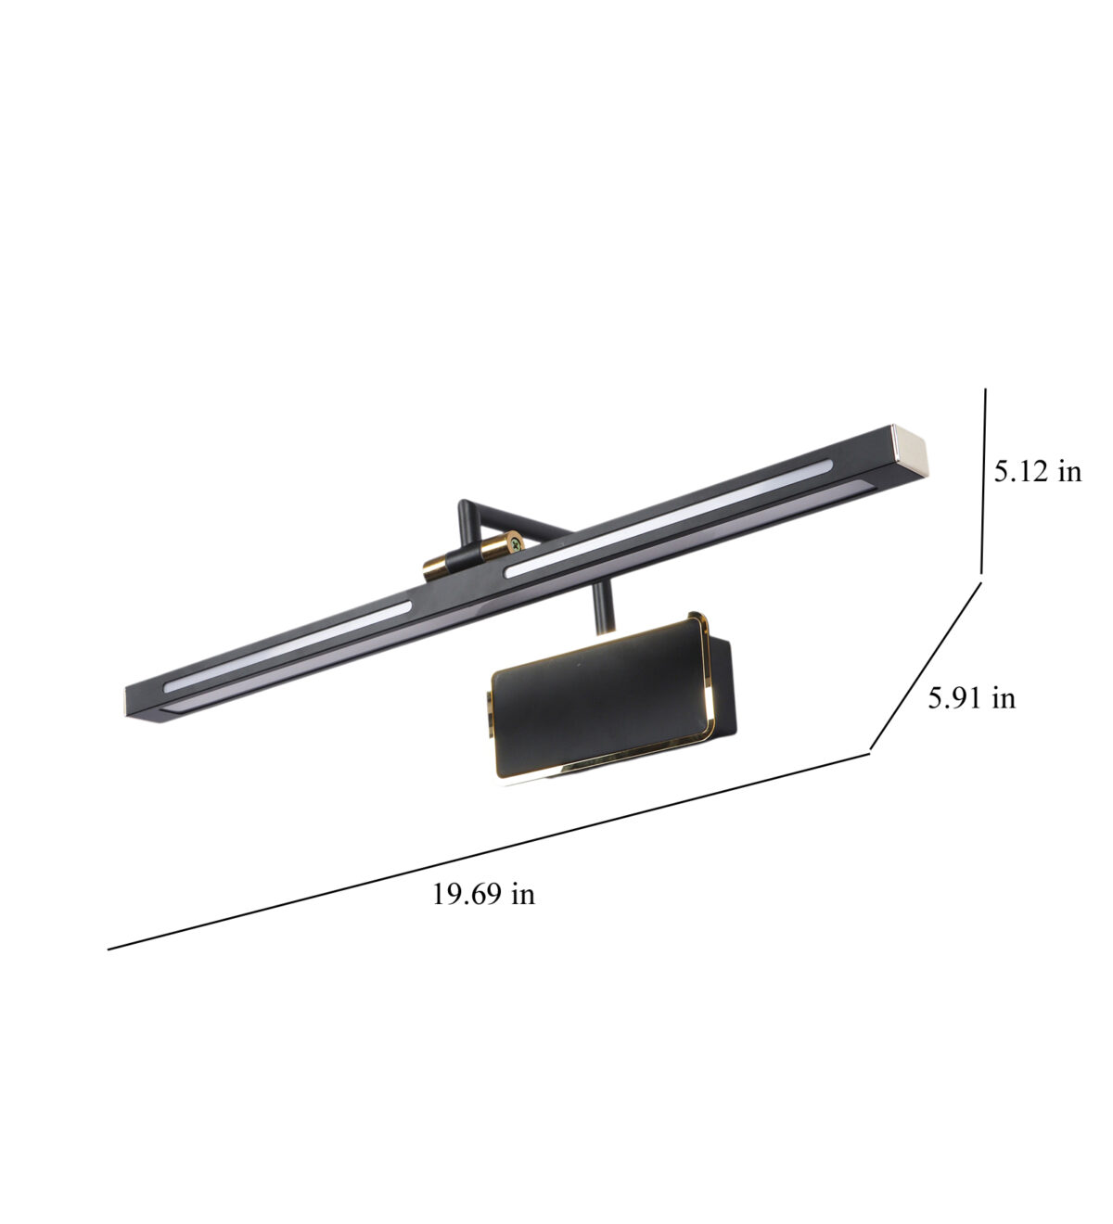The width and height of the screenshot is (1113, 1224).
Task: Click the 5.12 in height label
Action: click(1037, 472)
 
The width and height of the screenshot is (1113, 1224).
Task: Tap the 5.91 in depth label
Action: click(972, 697)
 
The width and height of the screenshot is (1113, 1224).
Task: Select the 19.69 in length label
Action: click(483, 894)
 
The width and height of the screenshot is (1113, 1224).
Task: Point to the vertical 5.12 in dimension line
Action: click(983, 481)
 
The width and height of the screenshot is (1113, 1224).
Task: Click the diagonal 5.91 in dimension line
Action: click(926, 665)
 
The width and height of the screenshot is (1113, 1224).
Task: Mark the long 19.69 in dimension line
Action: click(489, 851)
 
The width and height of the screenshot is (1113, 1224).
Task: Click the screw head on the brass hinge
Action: click(517, 543)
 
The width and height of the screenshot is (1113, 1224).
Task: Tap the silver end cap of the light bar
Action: click(910, 452)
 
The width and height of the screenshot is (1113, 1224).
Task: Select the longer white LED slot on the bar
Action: click(669, 518)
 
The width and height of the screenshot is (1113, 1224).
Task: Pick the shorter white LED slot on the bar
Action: click(288, 646)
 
